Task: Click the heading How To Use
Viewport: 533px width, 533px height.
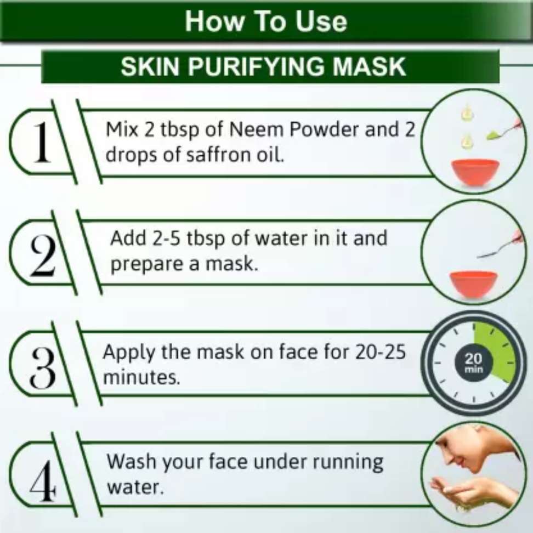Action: [266, 22]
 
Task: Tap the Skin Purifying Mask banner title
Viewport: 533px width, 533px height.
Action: [263, 66]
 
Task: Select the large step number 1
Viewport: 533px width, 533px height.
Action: [42, 142]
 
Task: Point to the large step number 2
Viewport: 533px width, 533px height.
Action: [43, 256]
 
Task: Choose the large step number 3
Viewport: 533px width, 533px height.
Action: [43, 368]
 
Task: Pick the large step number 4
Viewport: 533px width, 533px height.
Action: [42, 481]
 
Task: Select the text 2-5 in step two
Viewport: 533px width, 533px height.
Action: [166, 239]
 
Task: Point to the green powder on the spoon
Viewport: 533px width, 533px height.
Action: [492, 137]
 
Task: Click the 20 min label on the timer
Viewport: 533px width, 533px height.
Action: [474, 362]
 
